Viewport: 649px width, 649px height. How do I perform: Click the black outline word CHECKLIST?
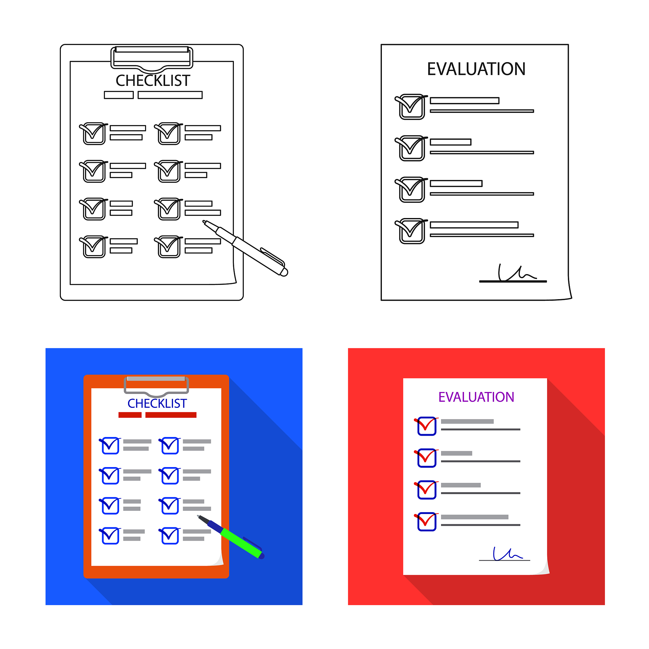pos(153,80)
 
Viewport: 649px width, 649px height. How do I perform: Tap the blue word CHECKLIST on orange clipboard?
pos(157,403)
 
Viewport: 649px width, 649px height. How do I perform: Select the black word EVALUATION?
pos(476,69)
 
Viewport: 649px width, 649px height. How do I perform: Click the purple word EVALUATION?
pos(476,397)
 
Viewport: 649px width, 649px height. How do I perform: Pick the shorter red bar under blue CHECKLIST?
pos(130,415)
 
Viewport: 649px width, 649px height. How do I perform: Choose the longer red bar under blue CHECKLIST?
pos(171,415)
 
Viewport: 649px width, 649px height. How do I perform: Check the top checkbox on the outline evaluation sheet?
pos(412,107)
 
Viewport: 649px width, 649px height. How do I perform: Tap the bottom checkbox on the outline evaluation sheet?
pos(412,231)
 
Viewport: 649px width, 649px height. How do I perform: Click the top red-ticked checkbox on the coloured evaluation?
pos(427,426)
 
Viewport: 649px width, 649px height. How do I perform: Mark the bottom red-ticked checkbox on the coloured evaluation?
pos(427,522)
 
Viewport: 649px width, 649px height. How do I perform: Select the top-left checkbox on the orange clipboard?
pos(110,446)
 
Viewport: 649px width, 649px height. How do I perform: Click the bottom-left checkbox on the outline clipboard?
pos(94,247)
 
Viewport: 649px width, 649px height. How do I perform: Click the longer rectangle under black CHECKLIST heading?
pos(170,95)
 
